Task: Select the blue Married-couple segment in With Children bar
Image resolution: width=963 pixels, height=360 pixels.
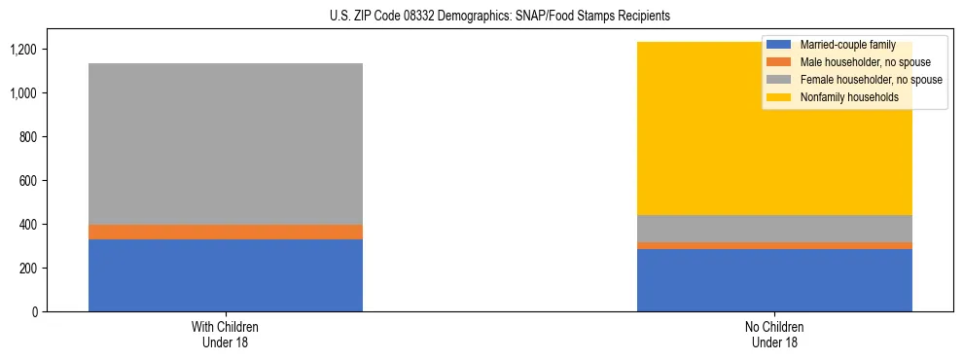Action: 226,275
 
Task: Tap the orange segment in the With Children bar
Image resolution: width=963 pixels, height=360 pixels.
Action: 226,232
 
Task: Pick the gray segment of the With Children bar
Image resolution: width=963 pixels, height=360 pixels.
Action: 226,144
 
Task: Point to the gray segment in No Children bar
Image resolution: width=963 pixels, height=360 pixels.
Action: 774,229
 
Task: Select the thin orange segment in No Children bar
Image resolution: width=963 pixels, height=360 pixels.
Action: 774,245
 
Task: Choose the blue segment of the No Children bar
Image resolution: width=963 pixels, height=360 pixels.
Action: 774,280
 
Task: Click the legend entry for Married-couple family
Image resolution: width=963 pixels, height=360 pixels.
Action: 846,45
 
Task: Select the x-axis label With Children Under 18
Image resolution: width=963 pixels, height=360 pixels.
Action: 226,334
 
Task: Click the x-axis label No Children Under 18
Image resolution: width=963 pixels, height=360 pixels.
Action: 774,334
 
